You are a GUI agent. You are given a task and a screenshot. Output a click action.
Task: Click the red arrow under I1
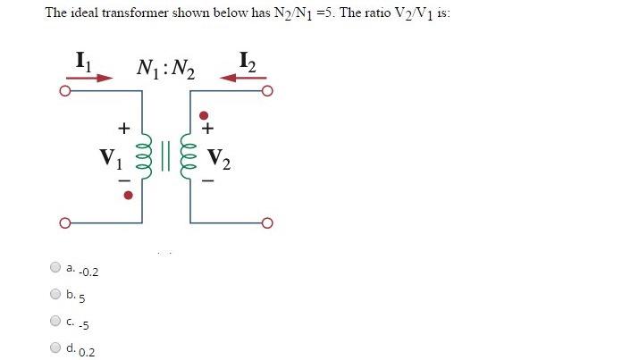pyautogui.click(x=91, y=78)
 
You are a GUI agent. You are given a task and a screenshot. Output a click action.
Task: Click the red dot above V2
pyautogui.click(x=206, y=115)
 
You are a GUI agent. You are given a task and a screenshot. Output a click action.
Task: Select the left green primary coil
pyautogui.click(x=148, y=161)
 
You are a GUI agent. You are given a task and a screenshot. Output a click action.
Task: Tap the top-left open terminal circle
pyautogui.click(x=64, y=91)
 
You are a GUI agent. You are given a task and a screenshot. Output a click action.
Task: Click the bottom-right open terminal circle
pyautogui.click(x=267, y=222)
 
